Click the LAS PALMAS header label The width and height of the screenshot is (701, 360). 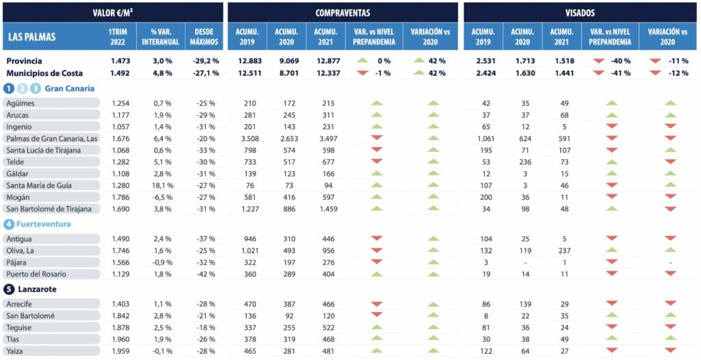point(33,37)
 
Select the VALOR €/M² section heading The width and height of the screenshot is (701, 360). point(113,12)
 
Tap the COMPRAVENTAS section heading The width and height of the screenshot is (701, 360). point(342,12)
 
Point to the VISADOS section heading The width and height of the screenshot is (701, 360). point(581,12)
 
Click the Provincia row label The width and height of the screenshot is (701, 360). point(25,61)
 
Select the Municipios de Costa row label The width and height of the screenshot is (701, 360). point(44,73)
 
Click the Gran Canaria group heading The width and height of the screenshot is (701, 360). point(69,88)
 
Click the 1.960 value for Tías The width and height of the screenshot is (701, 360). point(120,339)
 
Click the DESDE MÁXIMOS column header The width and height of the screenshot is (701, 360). point(204,37)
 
